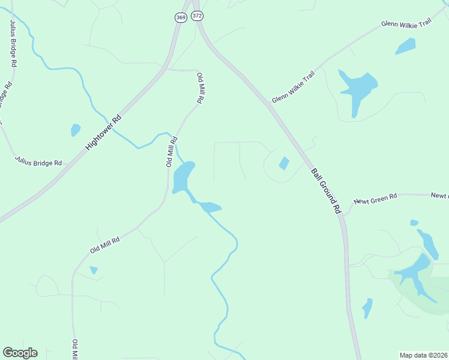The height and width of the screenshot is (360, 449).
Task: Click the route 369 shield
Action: point(181,18)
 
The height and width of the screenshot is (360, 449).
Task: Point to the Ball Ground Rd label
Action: point(326,190)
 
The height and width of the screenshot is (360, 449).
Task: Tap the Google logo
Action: point(20,353)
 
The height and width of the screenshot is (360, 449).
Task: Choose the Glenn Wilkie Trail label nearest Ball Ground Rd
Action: point(293,87)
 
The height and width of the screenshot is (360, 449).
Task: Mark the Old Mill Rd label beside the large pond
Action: point(171,152)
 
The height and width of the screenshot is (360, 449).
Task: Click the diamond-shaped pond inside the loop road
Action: point(284,163)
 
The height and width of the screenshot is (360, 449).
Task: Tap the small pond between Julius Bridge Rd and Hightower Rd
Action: point(76,130)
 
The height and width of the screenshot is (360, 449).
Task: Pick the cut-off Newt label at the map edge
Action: point(439,196)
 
